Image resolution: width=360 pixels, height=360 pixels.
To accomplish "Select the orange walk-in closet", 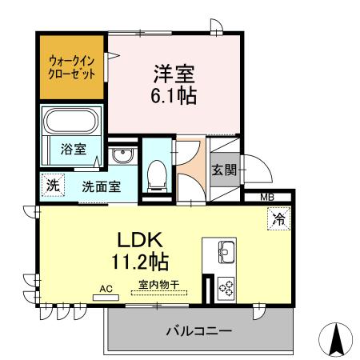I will (x=71, y=66).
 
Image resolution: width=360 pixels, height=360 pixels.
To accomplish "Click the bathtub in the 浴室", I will (x=70, y=122).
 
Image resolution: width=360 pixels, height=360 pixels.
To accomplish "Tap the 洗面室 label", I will (x=100, y=186).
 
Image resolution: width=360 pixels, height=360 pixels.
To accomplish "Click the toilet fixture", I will (x=157, y=174).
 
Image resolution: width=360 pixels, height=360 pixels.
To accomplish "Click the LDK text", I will (x=142, y=239).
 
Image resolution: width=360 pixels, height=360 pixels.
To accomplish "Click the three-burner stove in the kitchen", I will (x=224, y=287).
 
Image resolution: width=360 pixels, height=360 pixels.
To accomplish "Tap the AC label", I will (x=106, y=288).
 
